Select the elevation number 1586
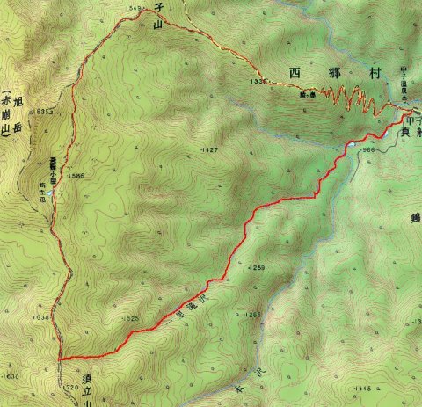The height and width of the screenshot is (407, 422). pos(76,176)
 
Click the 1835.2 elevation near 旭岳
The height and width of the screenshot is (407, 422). pos(46,111)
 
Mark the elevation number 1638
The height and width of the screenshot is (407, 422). pos(39,317)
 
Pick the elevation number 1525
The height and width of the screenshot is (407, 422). pos(131,317)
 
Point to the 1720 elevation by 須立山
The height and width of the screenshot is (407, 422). pos(71,386)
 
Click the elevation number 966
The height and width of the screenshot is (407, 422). pos(369,150)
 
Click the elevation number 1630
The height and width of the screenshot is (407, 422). pos(11,376)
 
